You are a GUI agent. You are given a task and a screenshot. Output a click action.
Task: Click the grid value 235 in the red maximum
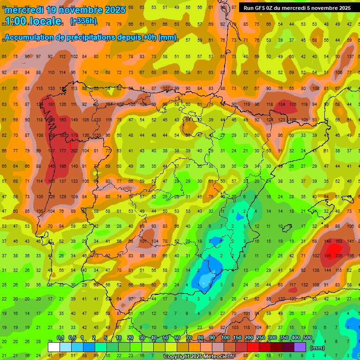(x=339, y=256)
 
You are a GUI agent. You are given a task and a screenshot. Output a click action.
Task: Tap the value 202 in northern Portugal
(x=74, y=151)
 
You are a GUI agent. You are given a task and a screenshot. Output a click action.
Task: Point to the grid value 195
(x=328, y=256)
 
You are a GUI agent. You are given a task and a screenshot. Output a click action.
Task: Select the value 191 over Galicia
(x=52, y=105)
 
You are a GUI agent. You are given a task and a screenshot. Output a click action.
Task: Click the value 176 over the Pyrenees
(x=292, y=105)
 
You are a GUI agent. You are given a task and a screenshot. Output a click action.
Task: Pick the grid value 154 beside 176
(x=281, y=105)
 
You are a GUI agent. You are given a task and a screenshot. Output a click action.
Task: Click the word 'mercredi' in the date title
(x=24, y=10)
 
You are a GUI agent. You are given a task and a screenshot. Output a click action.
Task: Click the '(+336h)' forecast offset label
(x=83, y=21)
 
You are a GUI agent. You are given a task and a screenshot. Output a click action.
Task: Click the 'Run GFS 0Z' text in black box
(x=262, y=8)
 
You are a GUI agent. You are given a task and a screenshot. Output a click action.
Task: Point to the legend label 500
(x=307, y=338)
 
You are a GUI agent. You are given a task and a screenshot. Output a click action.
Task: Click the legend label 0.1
(x=60, y=338)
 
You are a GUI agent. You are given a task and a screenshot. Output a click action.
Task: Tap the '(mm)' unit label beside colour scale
(x=317, y=348)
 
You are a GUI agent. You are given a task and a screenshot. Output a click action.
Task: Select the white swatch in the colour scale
(x=54, y=347)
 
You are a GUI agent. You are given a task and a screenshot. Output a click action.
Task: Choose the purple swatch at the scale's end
(x=300, y=347)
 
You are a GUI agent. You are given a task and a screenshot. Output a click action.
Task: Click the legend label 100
(x=225, y=338)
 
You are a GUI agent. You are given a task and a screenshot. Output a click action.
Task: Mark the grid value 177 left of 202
(x=63, y=151)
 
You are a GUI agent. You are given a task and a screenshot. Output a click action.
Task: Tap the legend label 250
(x=261, y=338)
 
